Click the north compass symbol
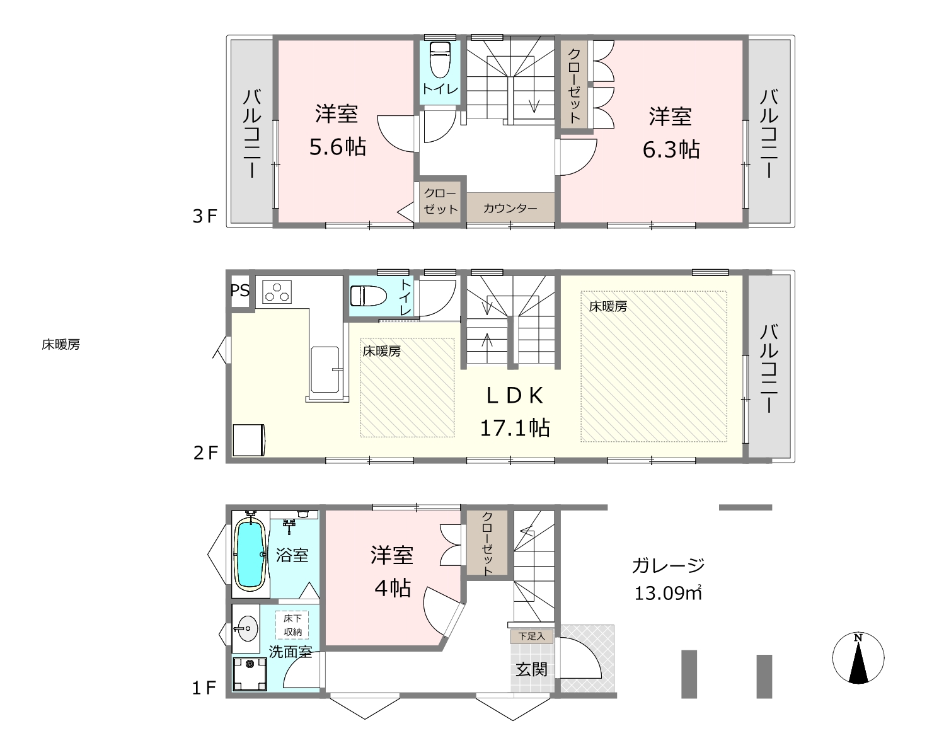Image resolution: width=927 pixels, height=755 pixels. (858, 657)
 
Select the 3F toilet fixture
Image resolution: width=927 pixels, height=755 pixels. (440, 59)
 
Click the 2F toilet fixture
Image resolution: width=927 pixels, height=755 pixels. (368, 296)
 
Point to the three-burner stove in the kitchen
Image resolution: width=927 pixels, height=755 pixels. (277, 292)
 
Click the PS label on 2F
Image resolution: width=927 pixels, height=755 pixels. (240, 291)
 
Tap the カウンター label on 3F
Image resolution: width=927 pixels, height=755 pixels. (510, 208)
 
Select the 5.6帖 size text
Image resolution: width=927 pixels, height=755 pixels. (337, 147)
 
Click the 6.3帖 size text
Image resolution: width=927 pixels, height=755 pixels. (671, 150)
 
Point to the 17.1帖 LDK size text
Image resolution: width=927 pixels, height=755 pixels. (515, 428)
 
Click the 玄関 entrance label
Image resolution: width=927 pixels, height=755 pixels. (531, 669)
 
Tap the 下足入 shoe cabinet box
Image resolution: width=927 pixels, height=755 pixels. (531, 636)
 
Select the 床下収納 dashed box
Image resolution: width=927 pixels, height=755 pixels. (292, 625)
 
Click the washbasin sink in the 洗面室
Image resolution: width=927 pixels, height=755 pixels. (246, 628)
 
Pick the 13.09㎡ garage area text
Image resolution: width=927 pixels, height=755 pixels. (668, 593)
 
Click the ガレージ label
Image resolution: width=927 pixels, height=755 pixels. (668, 565)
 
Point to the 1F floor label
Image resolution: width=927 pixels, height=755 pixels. (204, 688)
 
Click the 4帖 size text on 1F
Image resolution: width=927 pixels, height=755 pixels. (393, 588)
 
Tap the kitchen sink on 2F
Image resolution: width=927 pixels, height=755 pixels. (325, 369)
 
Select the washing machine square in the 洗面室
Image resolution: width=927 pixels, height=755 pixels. (250, 674)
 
